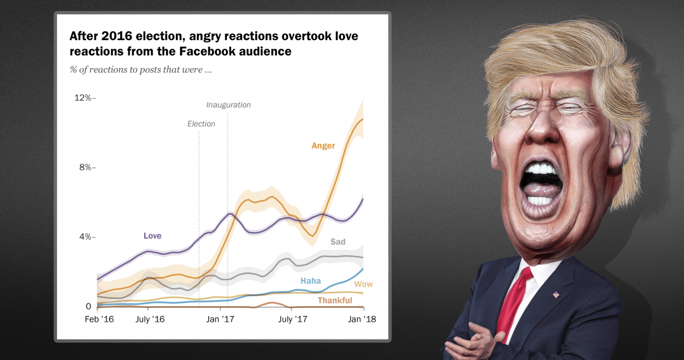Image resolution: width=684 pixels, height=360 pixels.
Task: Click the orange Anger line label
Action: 323,146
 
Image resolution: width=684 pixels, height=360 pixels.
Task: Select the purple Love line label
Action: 152,236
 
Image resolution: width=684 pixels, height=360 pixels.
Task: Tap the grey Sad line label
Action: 338,242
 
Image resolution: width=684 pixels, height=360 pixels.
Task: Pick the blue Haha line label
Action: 310,281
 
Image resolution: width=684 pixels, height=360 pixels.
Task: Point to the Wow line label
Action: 364,284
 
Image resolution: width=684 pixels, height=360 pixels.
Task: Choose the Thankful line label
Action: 335,300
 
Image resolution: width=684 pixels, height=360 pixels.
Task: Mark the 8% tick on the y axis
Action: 86,167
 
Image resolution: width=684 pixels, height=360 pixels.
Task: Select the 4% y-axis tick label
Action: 86,237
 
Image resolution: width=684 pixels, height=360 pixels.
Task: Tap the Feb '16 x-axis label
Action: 99,319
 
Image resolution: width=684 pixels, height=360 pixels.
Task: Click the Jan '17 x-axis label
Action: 220,319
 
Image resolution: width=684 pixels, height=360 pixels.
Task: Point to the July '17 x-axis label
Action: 292,319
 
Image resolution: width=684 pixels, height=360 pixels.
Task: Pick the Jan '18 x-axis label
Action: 362,319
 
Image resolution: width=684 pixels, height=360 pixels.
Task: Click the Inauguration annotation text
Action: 228,105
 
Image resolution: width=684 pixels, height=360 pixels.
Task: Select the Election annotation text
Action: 201,124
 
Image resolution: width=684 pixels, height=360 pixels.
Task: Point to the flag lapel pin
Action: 556,295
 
